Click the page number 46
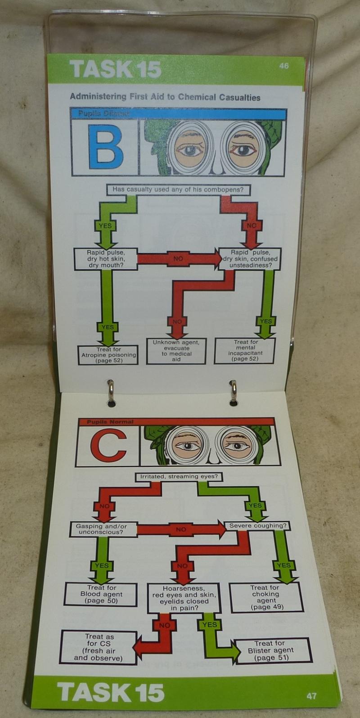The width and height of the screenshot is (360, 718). coord(283,66)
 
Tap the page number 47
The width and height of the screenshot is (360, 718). coord(311,695)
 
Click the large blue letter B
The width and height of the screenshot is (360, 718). coord(105,147)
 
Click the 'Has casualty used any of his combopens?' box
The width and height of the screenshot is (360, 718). coord(178,190)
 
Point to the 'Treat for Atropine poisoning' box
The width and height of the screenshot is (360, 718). coord(108,355)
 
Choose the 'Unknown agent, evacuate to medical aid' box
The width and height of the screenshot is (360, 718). coord(176,351)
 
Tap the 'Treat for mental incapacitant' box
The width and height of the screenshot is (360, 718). coord(246,351)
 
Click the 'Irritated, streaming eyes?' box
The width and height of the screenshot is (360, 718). coord(179,476)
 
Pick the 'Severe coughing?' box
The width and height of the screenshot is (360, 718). coord(257,525)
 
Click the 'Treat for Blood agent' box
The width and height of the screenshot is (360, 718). coord(101,594)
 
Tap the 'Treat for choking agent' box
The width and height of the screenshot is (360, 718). coord(265,597)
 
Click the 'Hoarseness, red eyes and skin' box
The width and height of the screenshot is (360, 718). coord(184,598)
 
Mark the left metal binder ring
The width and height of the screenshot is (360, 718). coord(110,390)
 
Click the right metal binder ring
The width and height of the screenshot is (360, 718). coord(233,390)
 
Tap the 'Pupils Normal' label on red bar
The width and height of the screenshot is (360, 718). coord(110,422)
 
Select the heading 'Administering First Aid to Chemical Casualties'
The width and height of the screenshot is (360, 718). coord(165,97)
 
